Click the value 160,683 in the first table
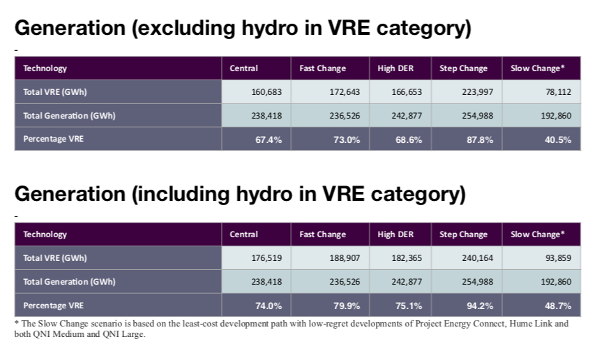[266, 92]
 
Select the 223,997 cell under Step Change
[478, 92]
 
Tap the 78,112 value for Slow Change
[558, 92]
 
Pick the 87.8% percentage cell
[480, 140]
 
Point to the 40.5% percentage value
[558, 140]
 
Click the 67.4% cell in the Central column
[269, 140]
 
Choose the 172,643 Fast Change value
[345, 92]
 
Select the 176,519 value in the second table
[266, 258]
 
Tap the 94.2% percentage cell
[480, 306]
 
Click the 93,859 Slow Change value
[558, 258]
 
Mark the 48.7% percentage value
[558, 306]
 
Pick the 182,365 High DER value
[407, 258]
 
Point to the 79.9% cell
[347, 306]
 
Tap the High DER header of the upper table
[395, 68]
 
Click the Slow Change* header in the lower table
[538, 234]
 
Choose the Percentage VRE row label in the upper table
[54, 139]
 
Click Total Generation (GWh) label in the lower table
[69, 282]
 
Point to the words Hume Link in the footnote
[531, 324]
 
